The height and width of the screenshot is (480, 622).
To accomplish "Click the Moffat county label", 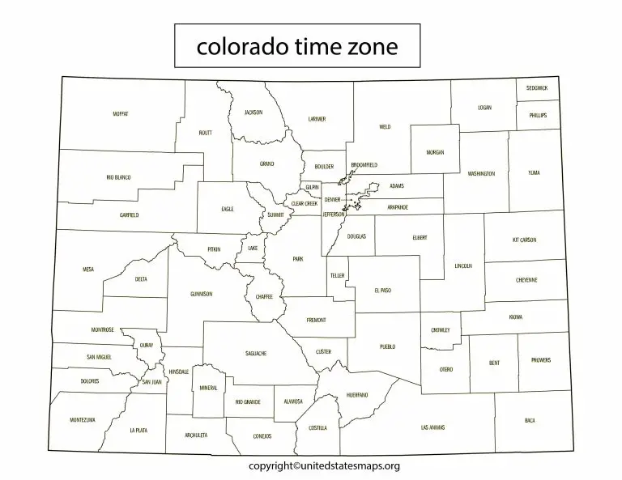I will pyautogui.click(x=121, y=114).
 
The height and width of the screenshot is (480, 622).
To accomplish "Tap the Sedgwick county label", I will pyautogui.click(x=536, y=87).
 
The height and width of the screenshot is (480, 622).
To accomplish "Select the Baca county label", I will pyautogui.click(x=530, y=420).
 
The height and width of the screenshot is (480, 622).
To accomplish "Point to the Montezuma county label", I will pyautogui.click(x=83, y=420).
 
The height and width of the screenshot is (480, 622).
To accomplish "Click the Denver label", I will pyautogui.click(x=332, y=198).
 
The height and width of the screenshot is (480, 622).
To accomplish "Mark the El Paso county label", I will pyautogui.click(x=383, y=289).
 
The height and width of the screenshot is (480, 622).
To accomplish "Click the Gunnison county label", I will pyautogui.click(x=201, y=294).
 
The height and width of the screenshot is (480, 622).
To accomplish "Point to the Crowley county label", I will pyautogui.click(x=441, y=330).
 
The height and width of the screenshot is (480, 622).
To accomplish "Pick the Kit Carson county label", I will pyautogui.click(x=525, y=240).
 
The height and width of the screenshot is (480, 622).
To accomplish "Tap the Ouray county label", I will pyautogui.click(x=147, y=344).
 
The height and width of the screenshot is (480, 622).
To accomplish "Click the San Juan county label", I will pyautogui.click(x=151, y=381).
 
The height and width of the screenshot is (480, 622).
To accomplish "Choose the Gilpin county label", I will pyautogui.click(x=313, y=186).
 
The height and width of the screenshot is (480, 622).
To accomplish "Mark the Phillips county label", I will pyautogui.click(x=538, y=116).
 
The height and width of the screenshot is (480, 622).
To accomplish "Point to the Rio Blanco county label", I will pyautogui.click(x=118, y=176).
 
